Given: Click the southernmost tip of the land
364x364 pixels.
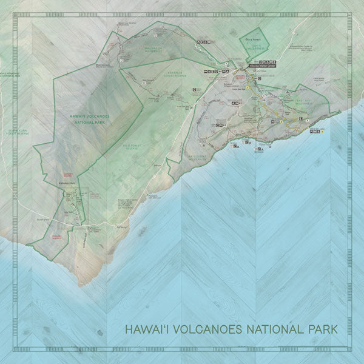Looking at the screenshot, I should point(79,285).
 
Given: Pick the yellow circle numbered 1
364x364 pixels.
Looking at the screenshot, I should point(232,87).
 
